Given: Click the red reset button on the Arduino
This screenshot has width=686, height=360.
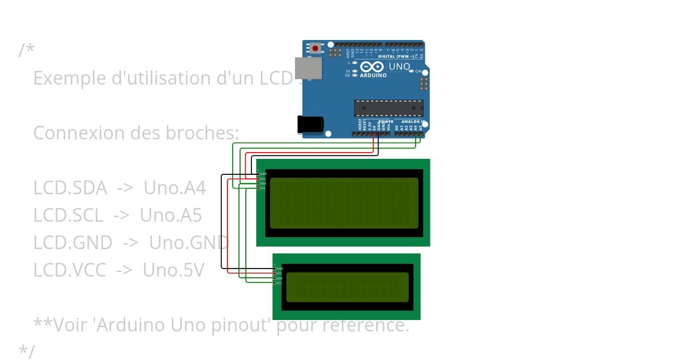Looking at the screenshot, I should click(315, 49).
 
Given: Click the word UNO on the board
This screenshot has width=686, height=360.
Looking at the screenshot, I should click(399, 66).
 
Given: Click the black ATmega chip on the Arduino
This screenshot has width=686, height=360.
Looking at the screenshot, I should click(389, 107).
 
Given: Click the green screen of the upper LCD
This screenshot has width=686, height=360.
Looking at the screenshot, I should click(344, 203).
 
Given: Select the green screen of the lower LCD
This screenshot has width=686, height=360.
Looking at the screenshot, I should click(347, 287).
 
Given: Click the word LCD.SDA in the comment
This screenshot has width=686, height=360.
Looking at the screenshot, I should click(70, 187).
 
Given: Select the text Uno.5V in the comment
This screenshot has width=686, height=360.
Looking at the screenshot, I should click(173, 270).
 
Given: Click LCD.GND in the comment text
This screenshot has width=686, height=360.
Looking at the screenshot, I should click(73, 242).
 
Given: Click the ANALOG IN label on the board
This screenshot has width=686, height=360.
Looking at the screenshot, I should click(412, 121).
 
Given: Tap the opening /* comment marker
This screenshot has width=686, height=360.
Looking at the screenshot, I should click(26, 50).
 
